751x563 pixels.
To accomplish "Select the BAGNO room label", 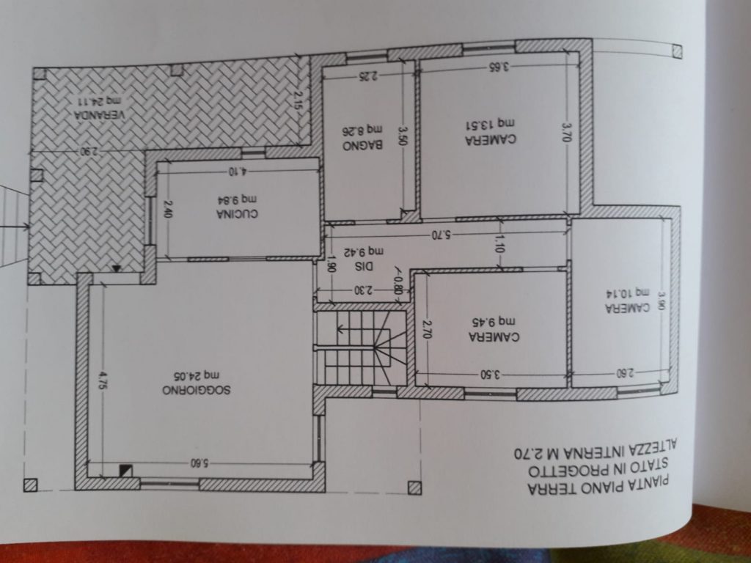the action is click(x=362, y=146).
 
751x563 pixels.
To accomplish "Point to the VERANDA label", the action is click(x=99, y=115).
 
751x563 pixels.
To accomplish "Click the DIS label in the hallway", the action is click(x=364, y=266).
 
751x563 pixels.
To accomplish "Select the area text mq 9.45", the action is click(x=494, y=322).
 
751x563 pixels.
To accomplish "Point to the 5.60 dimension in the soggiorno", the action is click(x=201, y=463).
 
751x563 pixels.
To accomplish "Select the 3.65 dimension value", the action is click(x=499, y=67).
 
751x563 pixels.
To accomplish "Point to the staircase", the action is click(x=360, y=347).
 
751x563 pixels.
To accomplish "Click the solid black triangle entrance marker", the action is click(x=116, y=268).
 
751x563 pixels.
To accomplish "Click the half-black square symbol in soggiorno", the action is click(x=125, y=471).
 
